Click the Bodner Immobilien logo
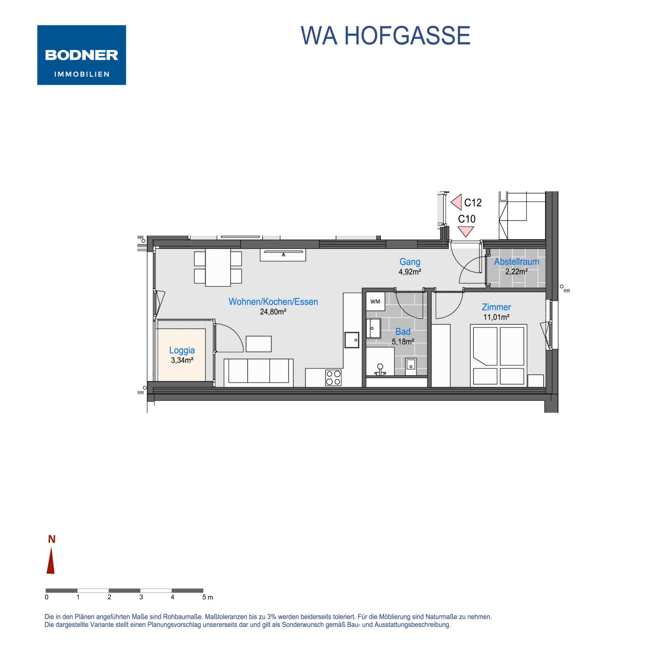point(81,55)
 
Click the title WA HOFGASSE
point(385,35)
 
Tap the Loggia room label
point(182,350)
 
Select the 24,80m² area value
point(273,312)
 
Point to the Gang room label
point(410,262)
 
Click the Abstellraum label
point(516,262)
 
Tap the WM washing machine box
point(375,301)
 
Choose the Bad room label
point(403,331)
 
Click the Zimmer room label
point(496,307)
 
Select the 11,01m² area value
point(496,317)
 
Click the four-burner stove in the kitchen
point(333,378)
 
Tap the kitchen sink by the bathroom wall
point(352,340)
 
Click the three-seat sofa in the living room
point(259,373)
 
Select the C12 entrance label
point(473,203)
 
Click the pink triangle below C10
point(466,232)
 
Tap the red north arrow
point(51,561)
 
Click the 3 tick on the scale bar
point(141,597)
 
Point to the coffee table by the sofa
point(259,344)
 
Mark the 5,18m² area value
point(403,342)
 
